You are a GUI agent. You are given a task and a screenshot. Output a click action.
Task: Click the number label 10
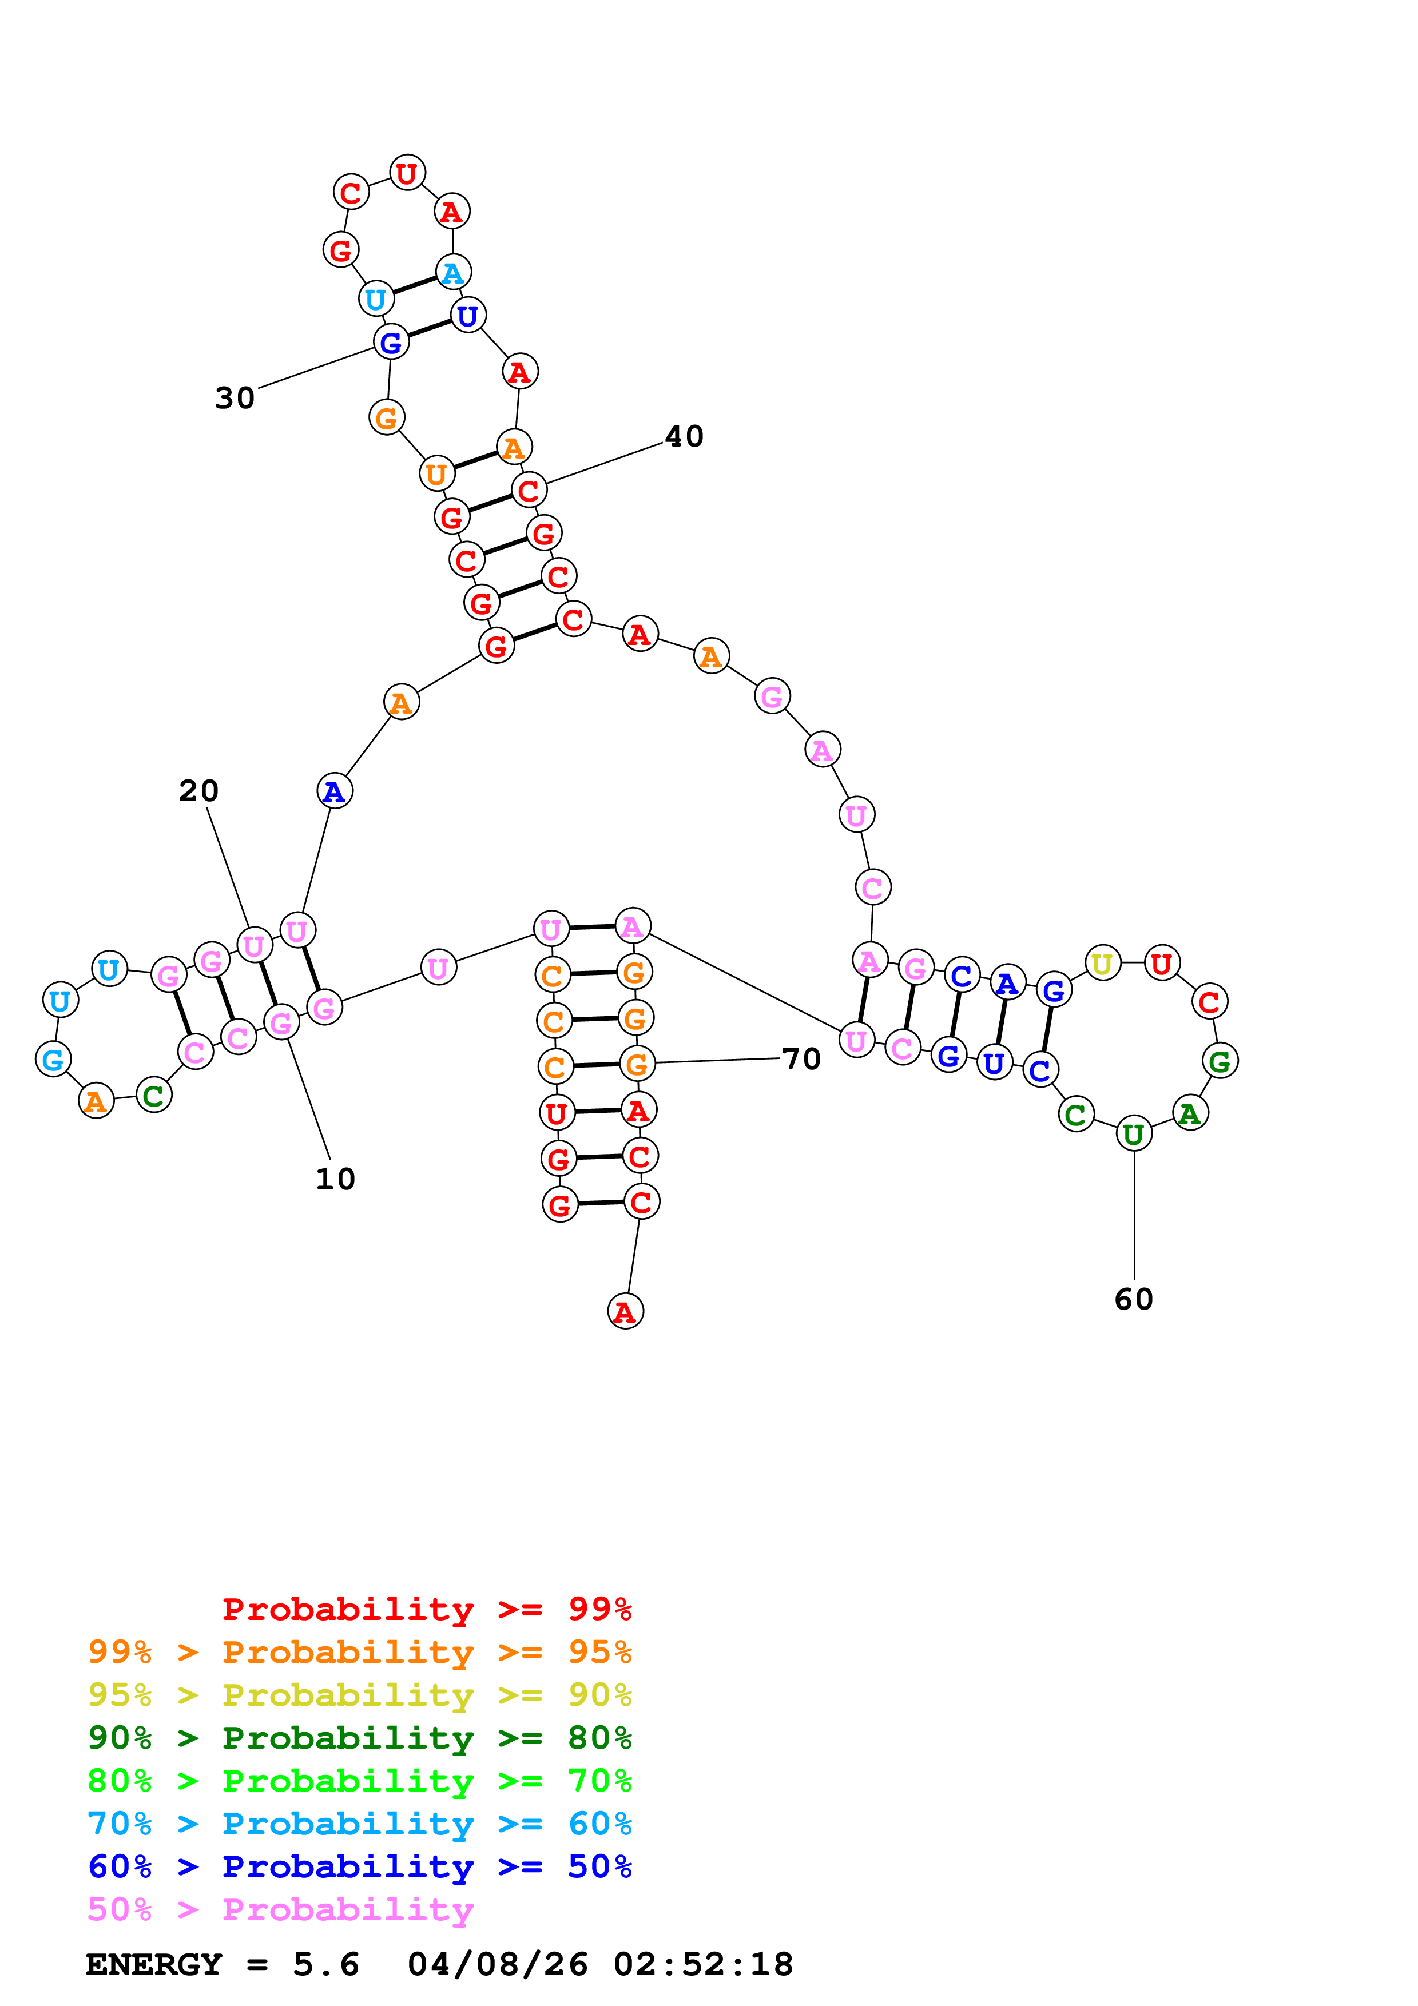pyautogui.click(x=335, y=1179)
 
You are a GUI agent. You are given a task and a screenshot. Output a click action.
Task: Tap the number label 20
pyautogui.click(x=198, y=791)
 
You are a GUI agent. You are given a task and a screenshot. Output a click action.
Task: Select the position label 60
pyautogui.click(x=1133, y=1299)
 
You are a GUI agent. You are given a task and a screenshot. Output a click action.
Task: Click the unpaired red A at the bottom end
pyautogui.click(x=625, y=1311)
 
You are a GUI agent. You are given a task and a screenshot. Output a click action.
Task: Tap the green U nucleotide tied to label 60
pyautogui.click(x=1133, y=1133)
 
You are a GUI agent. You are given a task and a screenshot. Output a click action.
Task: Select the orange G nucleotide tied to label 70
pyautogui.click(x=637, y=1063)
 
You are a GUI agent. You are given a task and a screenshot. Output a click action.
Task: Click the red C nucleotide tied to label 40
pyautogui.click(x=529, y=490)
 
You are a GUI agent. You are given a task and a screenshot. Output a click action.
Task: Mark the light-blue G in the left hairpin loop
pyautogui.click(x=53, y=1060)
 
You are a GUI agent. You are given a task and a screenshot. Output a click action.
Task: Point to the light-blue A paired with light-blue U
pyautogui.click(x=452, y=273)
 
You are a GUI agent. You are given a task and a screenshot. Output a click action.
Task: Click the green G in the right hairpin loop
pyautogui.click(x=1220, y=1061)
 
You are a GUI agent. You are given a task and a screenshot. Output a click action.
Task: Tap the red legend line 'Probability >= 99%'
pyautogui.click(x=426, y=1609)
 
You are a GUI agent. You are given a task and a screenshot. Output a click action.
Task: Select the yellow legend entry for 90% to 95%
pyautogui.click(x=359, y=1694)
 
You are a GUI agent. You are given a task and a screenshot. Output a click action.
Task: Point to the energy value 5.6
pyautogui.click(x=326, y=1964)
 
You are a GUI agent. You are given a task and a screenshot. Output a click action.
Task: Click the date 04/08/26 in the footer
pyautogui.click(x=497, y=1964)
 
